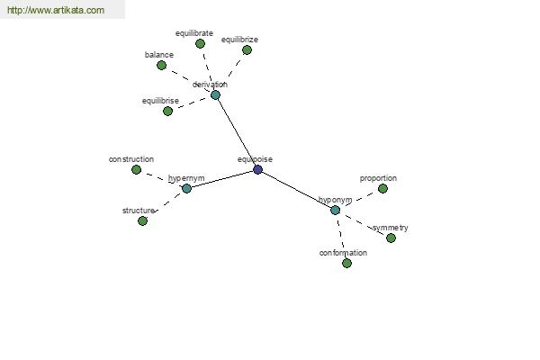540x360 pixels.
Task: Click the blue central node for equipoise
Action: [257, 169]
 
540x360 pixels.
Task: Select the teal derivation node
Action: [215, 95]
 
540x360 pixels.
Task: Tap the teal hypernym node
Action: [186, 188]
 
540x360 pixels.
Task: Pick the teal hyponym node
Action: [335, 210]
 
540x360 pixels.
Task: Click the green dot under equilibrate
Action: [200, 44]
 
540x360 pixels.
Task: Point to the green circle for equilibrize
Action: [247, 50]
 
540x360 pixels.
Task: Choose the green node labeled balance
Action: [161, 65]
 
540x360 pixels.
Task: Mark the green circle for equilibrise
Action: [167, 112]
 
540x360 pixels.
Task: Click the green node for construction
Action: [137, 169]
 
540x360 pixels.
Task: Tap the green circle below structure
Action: [142, 221]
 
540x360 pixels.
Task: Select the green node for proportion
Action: [382, 188]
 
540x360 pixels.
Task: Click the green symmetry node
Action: [391, 238]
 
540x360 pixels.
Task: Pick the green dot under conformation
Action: [346, 264]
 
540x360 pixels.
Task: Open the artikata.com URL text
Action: [56, 10]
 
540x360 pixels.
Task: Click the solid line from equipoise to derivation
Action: [237, 132]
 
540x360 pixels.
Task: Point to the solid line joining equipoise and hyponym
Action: [296, 190]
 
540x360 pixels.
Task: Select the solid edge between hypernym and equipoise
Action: [222, 179]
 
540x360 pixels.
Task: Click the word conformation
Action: [343, 253]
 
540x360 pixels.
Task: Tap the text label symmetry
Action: [391, 228]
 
